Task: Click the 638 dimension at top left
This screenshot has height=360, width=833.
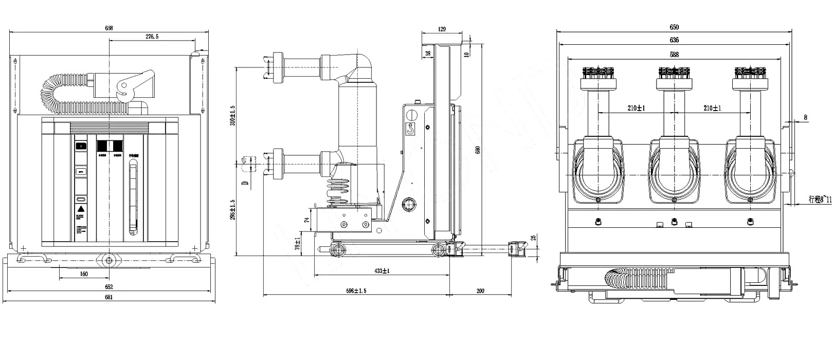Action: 109,28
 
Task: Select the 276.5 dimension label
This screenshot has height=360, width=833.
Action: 152,37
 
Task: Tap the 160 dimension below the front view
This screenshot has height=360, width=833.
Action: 84,274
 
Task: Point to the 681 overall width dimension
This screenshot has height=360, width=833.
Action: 109,297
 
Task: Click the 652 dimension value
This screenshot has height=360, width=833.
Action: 109,287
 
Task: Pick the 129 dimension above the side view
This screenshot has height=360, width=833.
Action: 442,29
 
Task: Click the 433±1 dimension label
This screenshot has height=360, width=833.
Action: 382,271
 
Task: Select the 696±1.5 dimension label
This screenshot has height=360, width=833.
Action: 356,291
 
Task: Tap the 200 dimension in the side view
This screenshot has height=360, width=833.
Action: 480,291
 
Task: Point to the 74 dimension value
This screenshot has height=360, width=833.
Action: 306,220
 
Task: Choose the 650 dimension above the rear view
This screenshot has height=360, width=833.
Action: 674,27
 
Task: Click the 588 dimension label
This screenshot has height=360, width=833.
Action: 674,55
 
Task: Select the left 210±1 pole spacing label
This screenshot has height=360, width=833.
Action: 636,108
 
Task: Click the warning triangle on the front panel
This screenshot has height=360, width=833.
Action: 81,209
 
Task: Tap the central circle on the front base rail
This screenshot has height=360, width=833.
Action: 109,260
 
